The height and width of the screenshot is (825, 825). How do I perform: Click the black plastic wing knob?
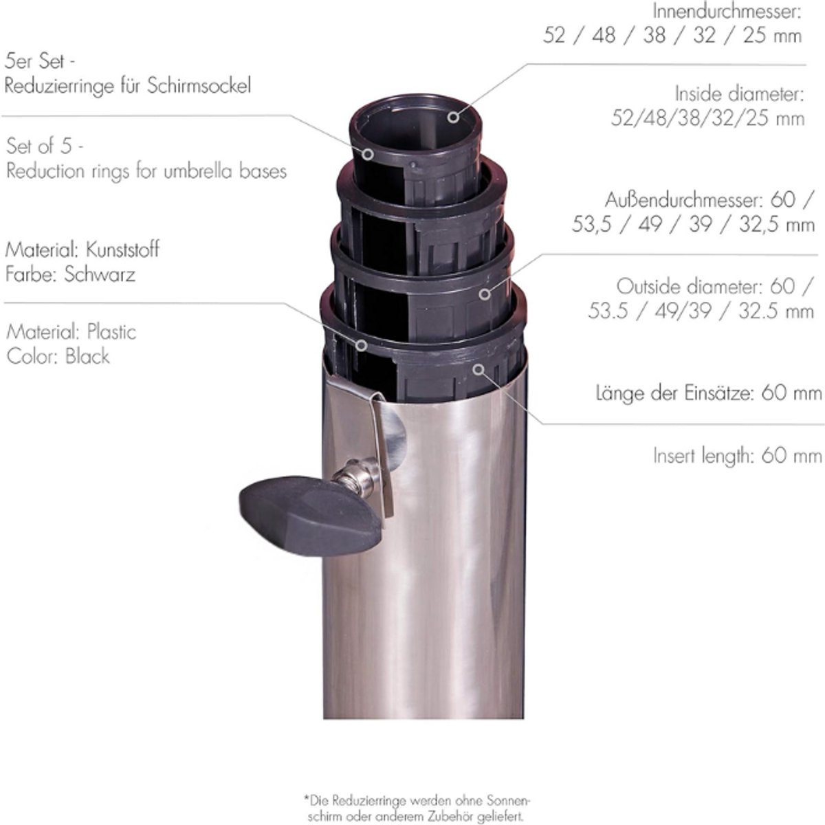(x=309, y=515)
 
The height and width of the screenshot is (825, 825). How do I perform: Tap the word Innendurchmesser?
(x=727, y=12)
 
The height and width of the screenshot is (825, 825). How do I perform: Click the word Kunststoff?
(x=122, y=250)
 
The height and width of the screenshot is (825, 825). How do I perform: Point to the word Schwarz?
(x=100, y=274)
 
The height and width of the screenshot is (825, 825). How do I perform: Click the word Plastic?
(x=111, y=332)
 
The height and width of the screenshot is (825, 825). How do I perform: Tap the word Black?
(x=87, y=356)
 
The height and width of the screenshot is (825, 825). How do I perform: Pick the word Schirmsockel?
(x=199, y=86)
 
